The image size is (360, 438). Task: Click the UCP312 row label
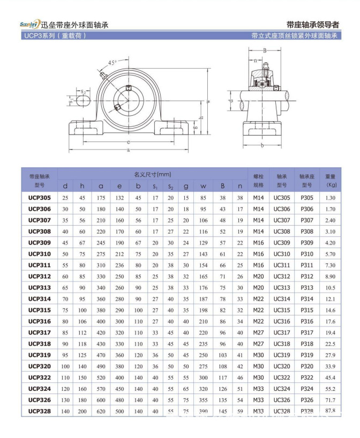coord(40,276)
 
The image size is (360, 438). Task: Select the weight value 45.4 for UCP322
coord(331,377)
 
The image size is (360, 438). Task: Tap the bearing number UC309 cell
coord(282,242)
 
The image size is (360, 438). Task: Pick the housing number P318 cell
coord(307,344)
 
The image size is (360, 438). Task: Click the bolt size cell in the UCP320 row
coord(258,367)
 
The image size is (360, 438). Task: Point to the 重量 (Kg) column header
coord(331,180)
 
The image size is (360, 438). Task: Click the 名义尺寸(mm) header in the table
coord(152,174)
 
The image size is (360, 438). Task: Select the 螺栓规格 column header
coord(258,180)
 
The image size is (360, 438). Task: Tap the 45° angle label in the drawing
coord(112,63)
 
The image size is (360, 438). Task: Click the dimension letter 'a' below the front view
coord(129,151)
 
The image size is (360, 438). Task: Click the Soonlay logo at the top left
coord(29,24)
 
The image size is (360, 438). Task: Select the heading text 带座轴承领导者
coord(312,25)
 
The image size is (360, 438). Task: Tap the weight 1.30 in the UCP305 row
coord(331,198)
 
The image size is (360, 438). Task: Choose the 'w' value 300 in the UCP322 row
coord(203,377)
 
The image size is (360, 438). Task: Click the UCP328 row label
coord(40,411)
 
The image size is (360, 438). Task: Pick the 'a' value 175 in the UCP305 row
coord(101,198)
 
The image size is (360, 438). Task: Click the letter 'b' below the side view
coord(262,145)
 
